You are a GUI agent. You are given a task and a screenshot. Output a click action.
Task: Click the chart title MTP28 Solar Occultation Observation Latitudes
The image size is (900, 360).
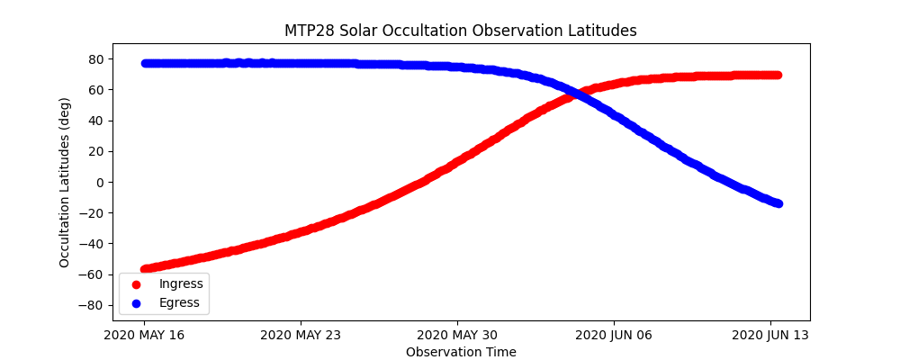[x=460, y=31]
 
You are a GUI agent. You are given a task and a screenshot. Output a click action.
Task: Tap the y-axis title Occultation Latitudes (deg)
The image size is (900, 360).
[x=65, y=182]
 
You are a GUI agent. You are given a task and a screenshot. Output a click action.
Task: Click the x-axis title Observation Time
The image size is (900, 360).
[x=461, y=352]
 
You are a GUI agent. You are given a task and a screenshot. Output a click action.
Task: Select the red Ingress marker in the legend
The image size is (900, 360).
[x=136, y=284]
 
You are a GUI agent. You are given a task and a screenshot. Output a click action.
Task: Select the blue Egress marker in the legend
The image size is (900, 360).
[x=136, y=303]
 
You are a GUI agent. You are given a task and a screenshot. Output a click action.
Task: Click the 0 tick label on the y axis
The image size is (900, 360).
[x=100, y=182]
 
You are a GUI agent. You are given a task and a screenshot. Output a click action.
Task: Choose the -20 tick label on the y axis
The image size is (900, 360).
[x=93, y=213]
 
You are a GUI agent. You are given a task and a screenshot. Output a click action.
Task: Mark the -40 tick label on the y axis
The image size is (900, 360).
[x=93, y=244]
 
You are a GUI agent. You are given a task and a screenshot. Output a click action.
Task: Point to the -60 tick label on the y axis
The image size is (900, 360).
[x=93, y=274]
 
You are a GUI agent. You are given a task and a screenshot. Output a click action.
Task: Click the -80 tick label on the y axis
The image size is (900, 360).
[x=93, y=305]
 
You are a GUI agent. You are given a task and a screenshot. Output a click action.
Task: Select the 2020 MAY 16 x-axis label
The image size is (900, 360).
[x=143, y=335]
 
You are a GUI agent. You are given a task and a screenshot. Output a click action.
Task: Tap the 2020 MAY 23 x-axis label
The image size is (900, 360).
[x=300, y=335]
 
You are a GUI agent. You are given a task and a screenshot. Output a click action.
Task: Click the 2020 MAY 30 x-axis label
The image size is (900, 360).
[x=457, y=335]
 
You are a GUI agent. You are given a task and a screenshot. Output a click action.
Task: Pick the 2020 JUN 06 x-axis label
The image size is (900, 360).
[x=614, y=335]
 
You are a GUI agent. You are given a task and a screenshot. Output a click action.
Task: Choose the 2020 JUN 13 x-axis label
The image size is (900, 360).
[x=770, y=335]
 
